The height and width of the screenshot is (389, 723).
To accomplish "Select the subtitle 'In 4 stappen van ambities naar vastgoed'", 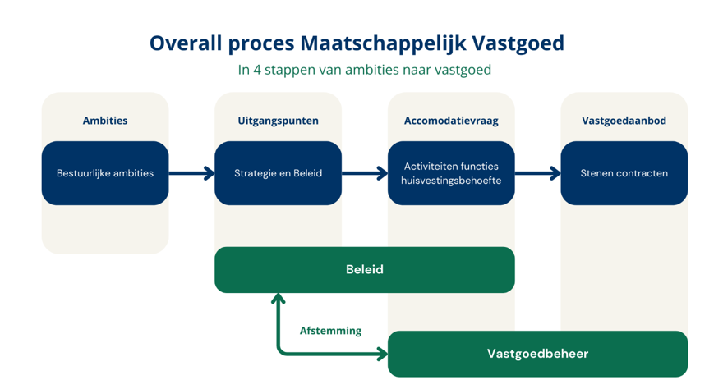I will pyautogui.click(x=364, y=71).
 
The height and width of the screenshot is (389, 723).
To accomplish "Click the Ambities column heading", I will pyautogui.click(x=105, y=121).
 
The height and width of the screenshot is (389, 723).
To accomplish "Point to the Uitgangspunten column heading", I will pyautogui.click(x=278, y=121).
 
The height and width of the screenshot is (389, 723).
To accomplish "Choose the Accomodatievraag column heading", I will pyautogui.click(x=451, y=121).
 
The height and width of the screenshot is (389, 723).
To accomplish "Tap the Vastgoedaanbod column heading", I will pyautogui.click(x=624, y=121).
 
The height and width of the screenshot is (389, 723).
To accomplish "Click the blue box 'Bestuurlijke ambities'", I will pyautogui.click(x=105, y=173).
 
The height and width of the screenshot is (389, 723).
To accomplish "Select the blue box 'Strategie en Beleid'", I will pyautogui.click(x=278, y=173).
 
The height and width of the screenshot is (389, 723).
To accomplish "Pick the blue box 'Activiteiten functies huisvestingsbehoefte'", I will pyautogui.click(x=451, y=173).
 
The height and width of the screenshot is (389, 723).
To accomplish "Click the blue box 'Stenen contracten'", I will pyautogui.click(x=624, y=173).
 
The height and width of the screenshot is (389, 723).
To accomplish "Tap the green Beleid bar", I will pyautogui.click(x=364, y=270).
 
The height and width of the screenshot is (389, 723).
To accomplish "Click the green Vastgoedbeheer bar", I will pyautogui.click(x=537, y=354).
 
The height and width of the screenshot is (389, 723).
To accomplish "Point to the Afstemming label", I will pyautogui.click(x=330, y=331).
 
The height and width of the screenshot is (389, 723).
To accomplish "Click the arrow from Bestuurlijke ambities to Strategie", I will pyautogui.click(x=191, y=173).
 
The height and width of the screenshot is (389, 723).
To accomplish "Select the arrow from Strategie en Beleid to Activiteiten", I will pyautogui.click(x=365, y=173).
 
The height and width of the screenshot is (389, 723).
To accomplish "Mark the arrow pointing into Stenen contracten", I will pyautogui.click(x=538, y=173).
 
